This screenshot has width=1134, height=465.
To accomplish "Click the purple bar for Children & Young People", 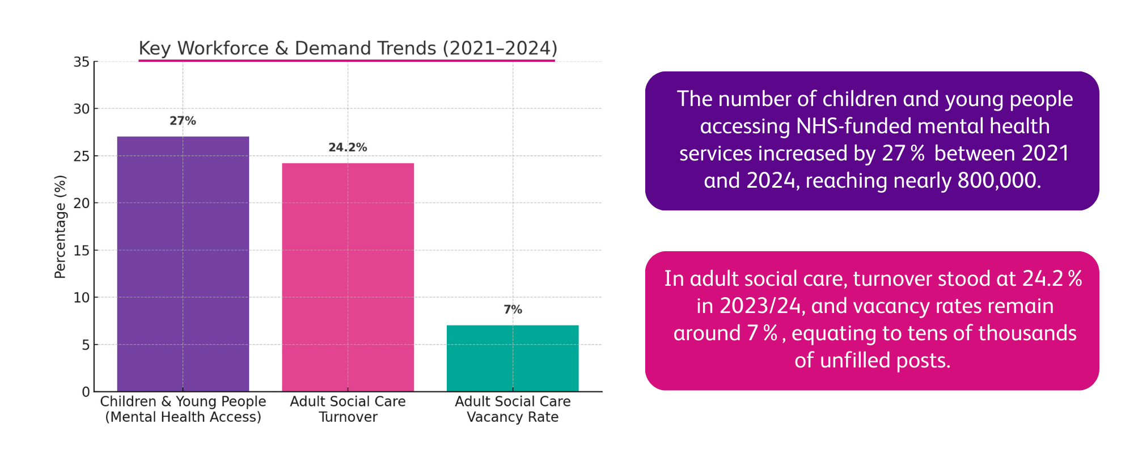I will (183, 264).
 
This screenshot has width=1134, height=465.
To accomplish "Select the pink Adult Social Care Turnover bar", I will (348, 277).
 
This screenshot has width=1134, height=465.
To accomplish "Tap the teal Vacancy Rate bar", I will (513, 358).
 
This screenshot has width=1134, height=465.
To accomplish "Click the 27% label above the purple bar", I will (183, 121).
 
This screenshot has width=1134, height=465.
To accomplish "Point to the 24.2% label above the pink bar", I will (348, 147).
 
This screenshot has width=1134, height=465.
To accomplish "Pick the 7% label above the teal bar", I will (513, 310).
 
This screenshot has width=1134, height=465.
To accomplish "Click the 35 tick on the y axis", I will (82, 62).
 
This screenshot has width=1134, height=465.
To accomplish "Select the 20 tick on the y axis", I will (82, 203).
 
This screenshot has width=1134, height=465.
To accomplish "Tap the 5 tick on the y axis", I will (85, 345).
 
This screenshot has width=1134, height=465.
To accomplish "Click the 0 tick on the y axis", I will (85, 392).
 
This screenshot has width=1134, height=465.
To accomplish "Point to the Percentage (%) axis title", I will (60, 227).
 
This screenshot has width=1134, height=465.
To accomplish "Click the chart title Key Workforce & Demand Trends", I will (348, 48).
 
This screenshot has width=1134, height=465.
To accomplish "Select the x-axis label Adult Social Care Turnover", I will (348, 409).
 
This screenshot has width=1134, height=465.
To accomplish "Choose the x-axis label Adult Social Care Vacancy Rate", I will (513, 409).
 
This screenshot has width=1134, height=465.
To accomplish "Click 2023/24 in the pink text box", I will (760, 306).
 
